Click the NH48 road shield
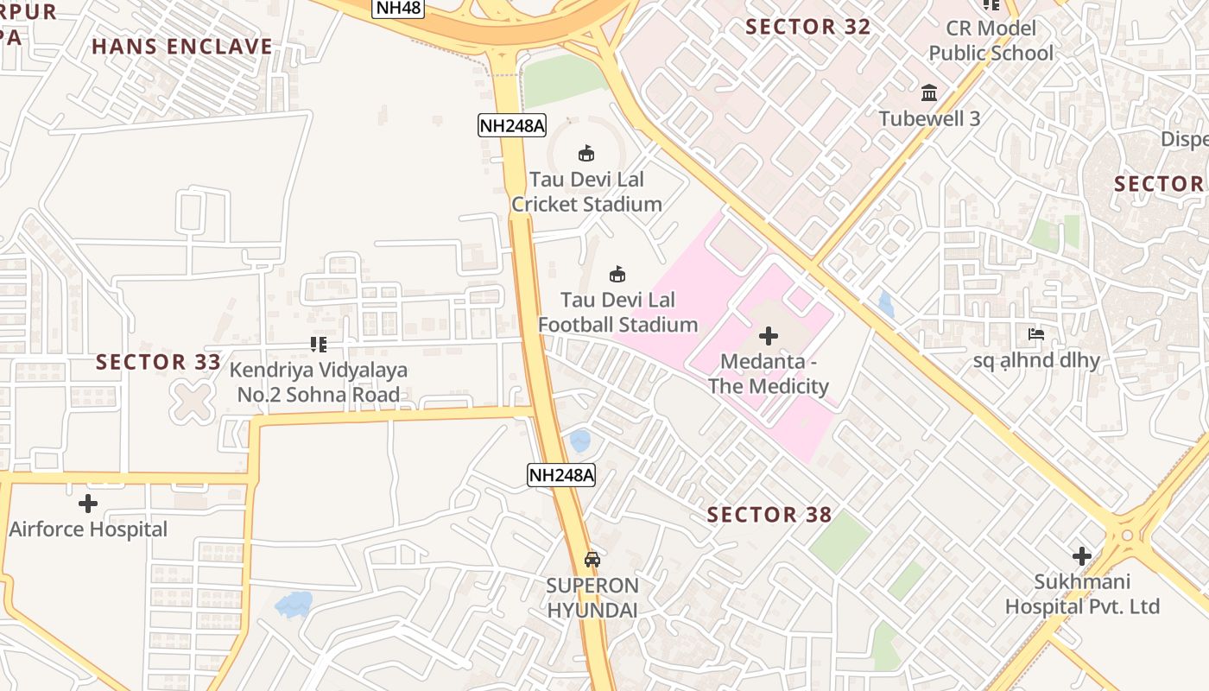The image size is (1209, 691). (x=399, y=8)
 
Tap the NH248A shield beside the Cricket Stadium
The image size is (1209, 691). (x=512, y=125)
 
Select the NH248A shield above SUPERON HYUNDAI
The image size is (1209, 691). (x=561, y=474)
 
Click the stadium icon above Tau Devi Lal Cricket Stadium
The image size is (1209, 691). (x=586, y=154)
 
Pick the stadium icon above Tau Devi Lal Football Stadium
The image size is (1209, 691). (x=617, y=275)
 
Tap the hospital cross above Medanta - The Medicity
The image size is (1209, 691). (x=768, y=335)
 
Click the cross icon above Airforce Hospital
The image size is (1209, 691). (x=87, y=504)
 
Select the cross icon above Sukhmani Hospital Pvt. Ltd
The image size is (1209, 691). (x=1081, y=556)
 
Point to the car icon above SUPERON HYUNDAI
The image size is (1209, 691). (x=592, y=560)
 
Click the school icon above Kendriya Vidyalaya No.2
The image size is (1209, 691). (x=318, y=345)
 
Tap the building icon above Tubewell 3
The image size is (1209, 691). (x=929, y=92)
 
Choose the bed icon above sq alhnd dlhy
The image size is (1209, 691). (x=1036, y=334)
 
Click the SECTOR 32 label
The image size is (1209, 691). (x=808, y=27)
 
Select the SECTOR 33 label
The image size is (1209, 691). (x=159, y=362)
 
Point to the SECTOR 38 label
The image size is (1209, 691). (x=769, y=515)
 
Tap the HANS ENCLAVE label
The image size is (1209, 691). (x=182, y=47)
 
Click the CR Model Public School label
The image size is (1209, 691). (x=991, y=41)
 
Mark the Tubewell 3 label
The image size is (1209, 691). (x=929, y=118)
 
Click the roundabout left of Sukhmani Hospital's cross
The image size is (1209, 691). (x=1126, y=536)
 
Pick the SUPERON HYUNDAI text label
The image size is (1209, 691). (x=592, y=598)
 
